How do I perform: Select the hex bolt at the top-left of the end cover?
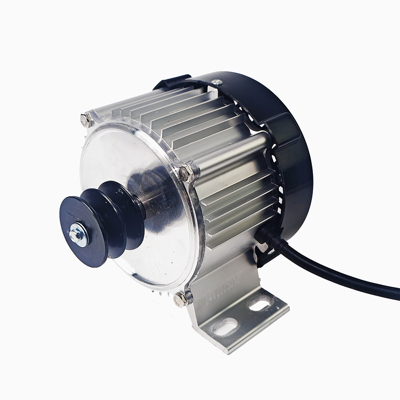[x=86, y=120]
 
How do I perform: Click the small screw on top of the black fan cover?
[x=217, y=82]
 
